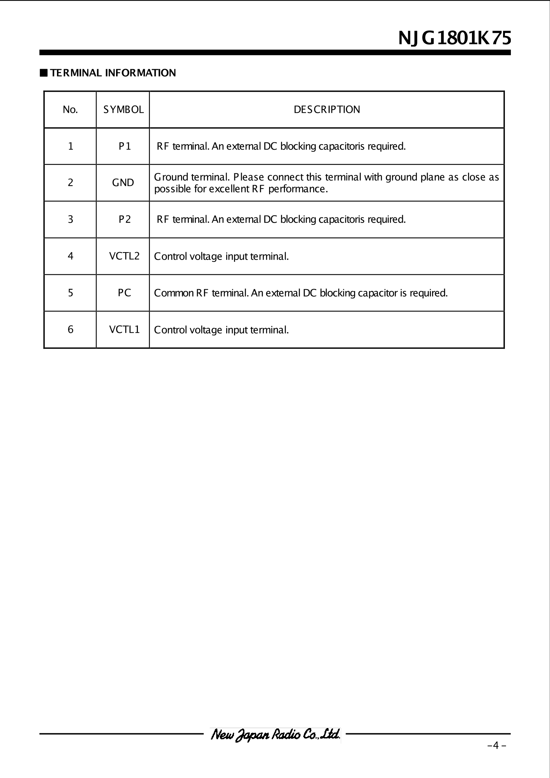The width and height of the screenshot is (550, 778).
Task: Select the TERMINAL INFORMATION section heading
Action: pyautogui.click(x=113, y=73)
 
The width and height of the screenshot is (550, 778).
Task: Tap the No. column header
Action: pyautogui.click(x=70, y=110)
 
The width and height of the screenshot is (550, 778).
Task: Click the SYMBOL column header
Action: pyautogui.click(x=123, y=110)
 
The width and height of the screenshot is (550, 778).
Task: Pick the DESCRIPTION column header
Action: pyautogui.click(x=327, y=110)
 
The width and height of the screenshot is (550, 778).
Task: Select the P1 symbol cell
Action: pyautogui.click(x=125, y=146)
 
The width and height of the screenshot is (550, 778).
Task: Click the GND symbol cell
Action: pyautogui.click(x=123, y=183)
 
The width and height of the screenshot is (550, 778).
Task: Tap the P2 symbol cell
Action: pyautogui.click(x=125, y=220)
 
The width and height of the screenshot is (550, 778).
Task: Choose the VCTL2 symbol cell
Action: pyautogui.click(x=124, y=256)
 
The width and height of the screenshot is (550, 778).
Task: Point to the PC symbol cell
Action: pyautogui.click(x=124, y=293)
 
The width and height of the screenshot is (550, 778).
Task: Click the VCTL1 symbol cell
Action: pyautogui.click(x=124, y=329)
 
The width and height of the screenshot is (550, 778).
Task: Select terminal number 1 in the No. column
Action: pyautogui.click(x=70, y=146)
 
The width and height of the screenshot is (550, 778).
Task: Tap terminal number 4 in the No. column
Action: pyautogui.click(x=70, y=256)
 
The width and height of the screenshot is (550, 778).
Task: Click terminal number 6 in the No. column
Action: pyautogui.click(x=70, y=329)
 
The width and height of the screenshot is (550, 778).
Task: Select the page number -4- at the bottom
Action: pyautogui.click(x=497, y=745)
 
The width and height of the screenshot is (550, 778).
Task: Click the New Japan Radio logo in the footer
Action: pyautogui.click(x=275, y=734)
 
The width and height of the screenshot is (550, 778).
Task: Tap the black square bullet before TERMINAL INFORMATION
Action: pyautogui.click(x=44, y=73)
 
